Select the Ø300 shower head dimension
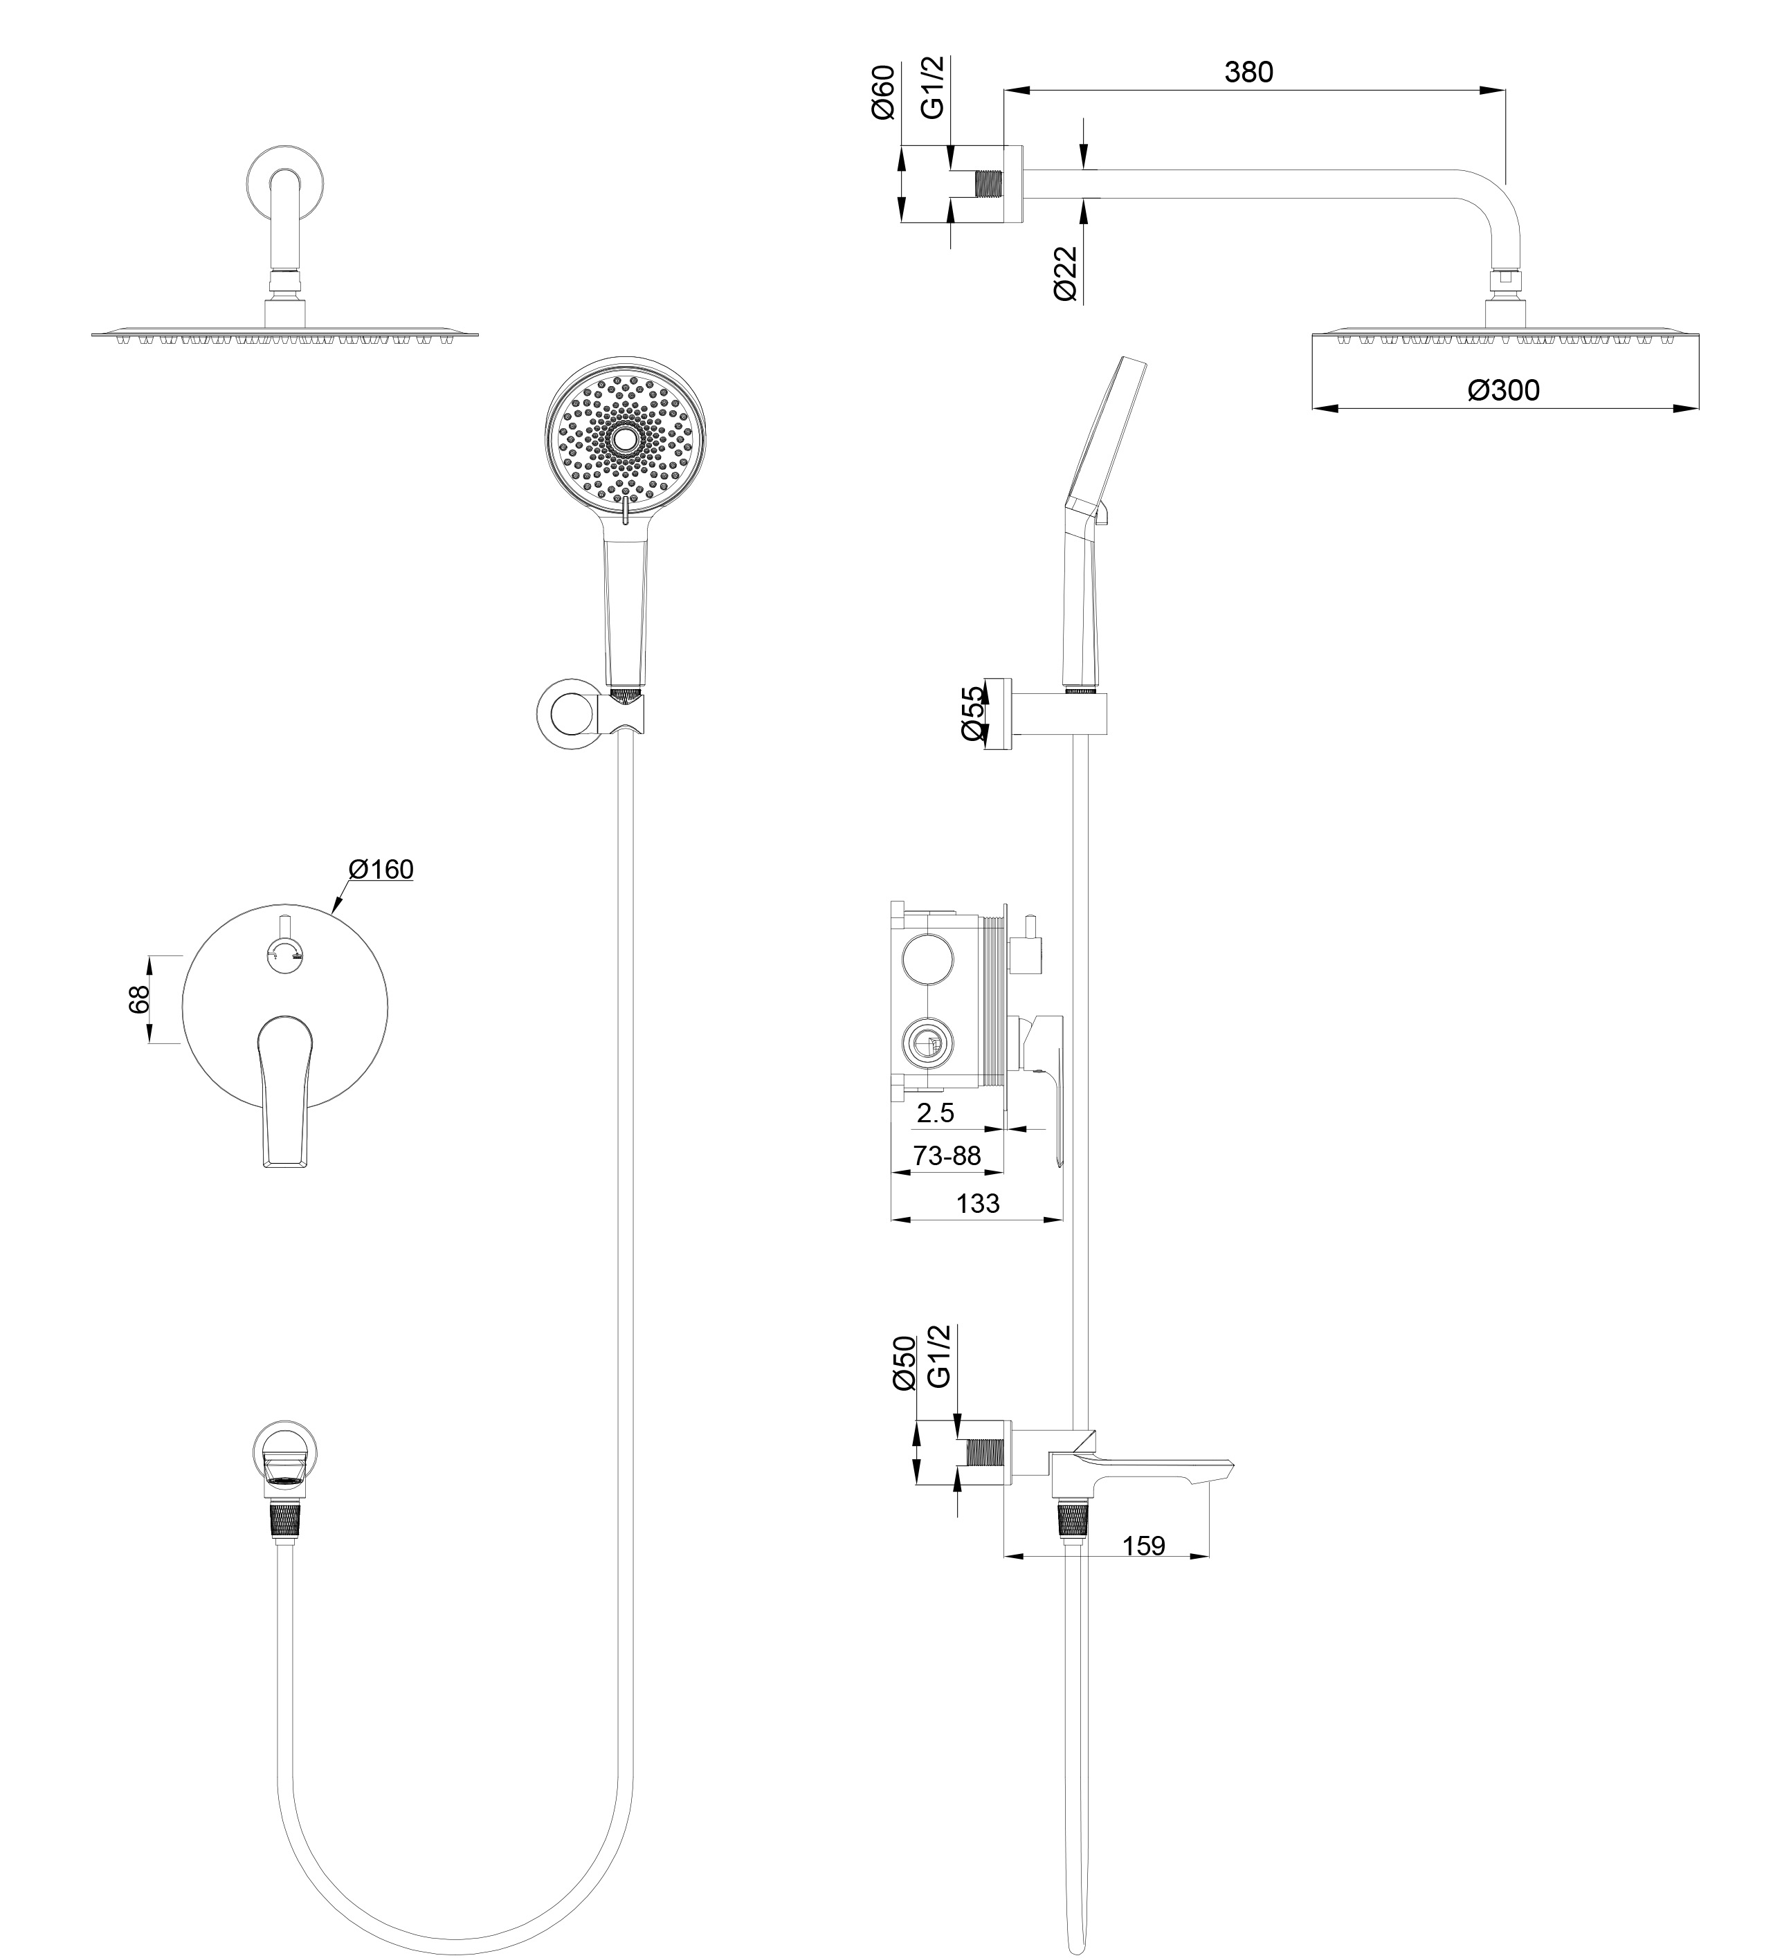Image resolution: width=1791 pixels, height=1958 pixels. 1504,390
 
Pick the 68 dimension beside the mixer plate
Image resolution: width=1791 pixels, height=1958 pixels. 139,999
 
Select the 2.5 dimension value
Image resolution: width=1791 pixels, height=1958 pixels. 936,1114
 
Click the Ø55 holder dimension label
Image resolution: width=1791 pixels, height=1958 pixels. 973,714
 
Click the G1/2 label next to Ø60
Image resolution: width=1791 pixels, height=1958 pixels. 932,87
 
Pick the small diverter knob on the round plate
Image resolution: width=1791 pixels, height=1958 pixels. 286,953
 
